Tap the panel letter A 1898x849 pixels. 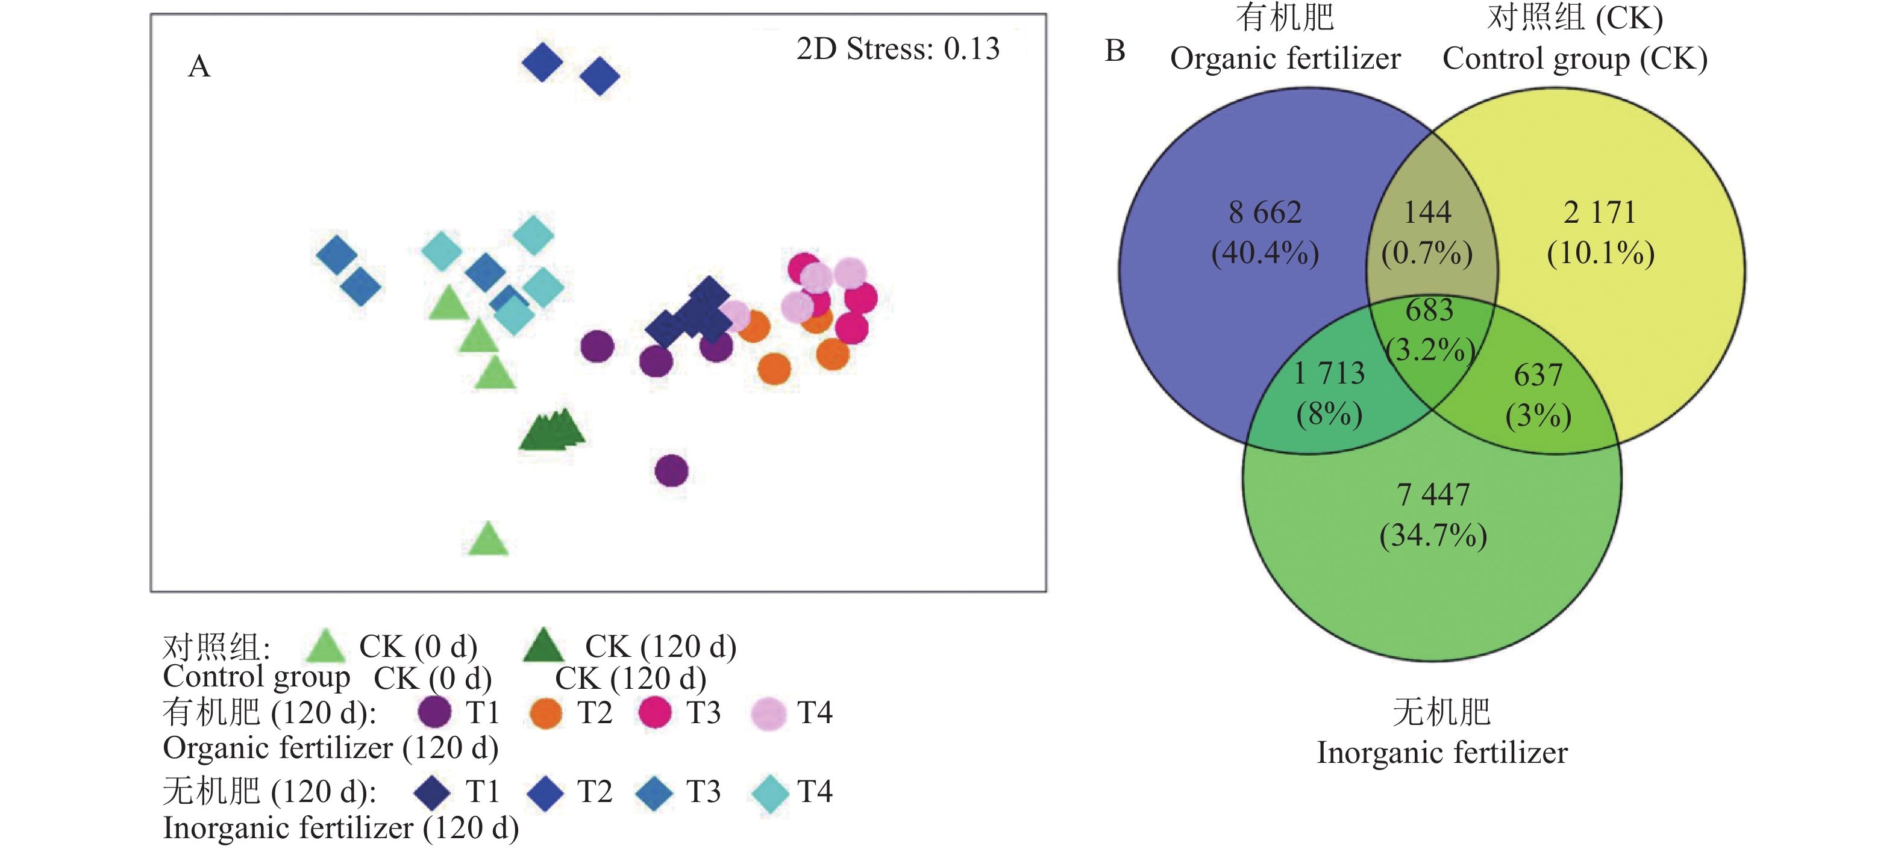[199, 66]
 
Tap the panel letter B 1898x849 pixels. [1115, 51]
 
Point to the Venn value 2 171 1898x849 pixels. [1600, 213]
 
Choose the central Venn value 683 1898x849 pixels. [1429, 310]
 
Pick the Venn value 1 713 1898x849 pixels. [1329, 373]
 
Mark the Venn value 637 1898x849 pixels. [1538, 376]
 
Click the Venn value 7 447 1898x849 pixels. [1433, 495]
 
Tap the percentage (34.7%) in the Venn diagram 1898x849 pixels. [1433, 535]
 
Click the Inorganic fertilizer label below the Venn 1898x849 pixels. [1442, 753]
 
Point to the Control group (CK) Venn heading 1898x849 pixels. [1574, 59]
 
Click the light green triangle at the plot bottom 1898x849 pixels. [488, 540]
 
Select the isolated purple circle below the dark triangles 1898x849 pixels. [671, 470]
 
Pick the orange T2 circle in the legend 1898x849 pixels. [546, 713]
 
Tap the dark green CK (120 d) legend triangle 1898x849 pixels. [543, 645]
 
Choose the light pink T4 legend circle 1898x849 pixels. [768, 713]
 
